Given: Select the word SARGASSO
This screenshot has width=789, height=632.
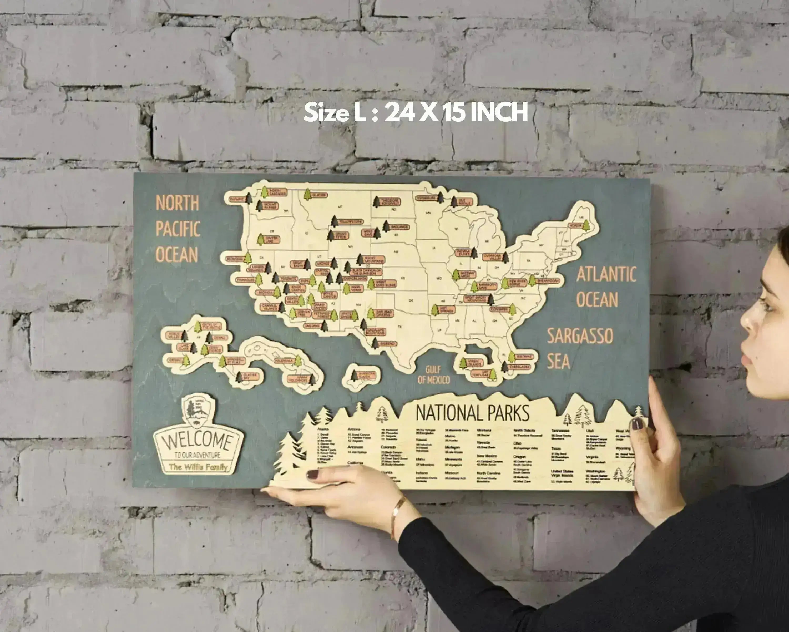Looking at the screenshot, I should point(580,336).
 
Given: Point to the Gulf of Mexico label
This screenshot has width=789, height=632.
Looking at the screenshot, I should point(434,375).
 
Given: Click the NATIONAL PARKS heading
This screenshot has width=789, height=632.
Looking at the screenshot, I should point(472,413).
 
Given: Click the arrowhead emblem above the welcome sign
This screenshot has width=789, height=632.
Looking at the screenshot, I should point(198,409).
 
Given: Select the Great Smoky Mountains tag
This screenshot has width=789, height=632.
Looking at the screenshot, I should point(476,299).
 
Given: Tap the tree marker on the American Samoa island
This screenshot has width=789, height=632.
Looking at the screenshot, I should point(354,376).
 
